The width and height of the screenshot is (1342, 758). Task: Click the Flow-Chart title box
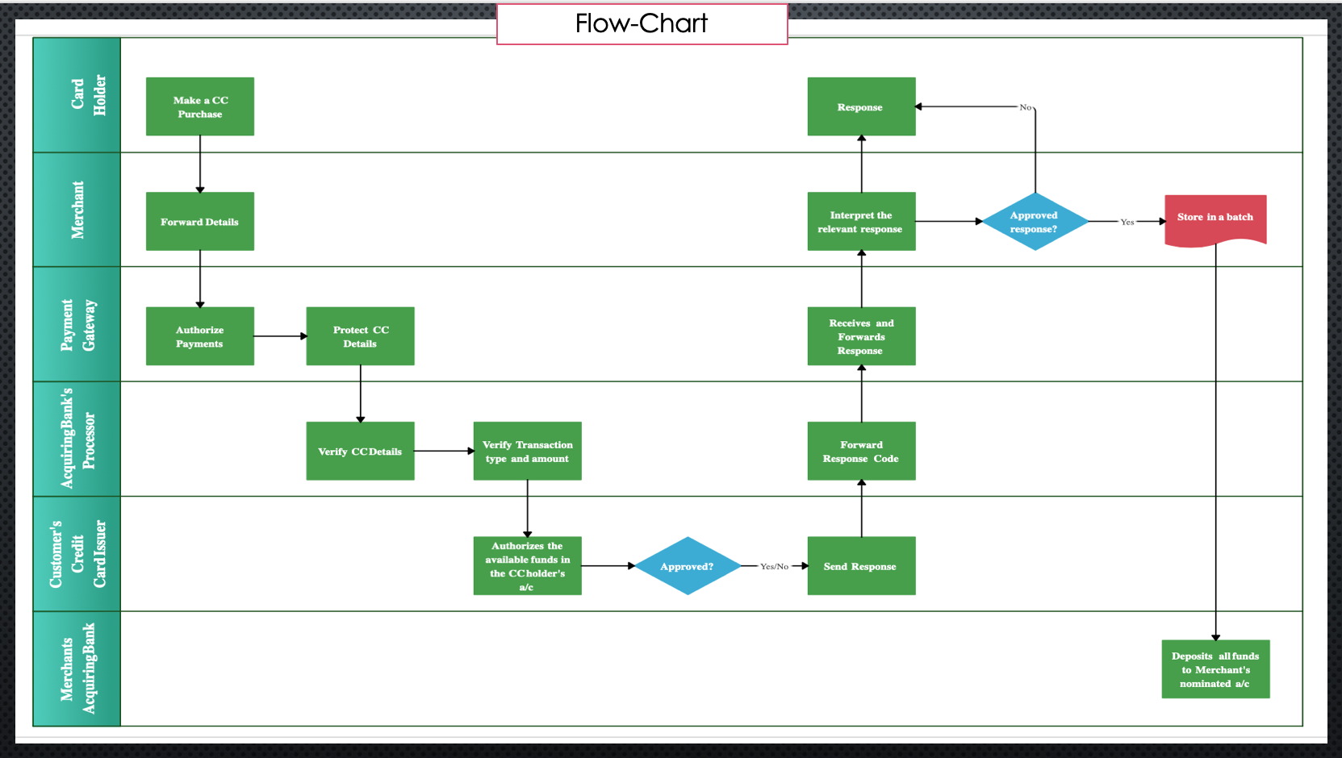[x=642, y=24]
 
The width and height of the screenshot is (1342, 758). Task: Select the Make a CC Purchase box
[x=199, y=106]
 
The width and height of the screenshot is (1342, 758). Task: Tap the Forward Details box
[x=199, y=221]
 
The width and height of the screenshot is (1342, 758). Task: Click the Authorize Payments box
[x=199, y=336]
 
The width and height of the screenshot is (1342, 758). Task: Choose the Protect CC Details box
[x=360, y=336]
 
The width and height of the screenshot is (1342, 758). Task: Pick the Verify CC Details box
[x=360, y=451]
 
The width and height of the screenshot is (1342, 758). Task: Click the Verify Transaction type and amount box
[x=527, y=451]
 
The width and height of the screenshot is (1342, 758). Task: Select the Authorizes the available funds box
[x=527, y=566]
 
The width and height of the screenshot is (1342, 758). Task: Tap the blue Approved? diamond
[x=687, y=566]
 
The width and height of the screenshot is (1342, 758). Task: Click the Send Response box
[x=861, y=566]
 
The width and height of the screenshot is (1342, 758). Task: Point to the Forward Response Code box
[x=861, y=451]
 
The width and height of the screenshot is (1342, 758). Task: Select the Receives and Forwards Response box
[x=861, y=336]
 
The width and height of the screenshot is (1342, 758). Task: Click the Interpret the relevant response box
[x=861, y=221]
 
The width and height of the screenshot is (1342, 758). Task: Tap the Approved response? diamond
[x=1034, y=221]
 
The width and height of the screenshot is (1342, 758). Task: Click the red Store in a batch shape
[x=1215, y=219]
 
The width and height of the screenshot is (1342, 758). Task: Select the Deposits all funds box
[x=1215, y=669]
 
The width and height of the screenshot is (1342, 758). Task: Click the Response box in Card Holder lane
[x=861, y=106]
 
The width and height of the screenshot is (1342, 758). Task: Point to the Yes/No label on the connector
[x=774, y=567]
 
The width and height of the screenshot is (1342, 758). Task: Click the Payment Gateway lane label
[x=77, y=324]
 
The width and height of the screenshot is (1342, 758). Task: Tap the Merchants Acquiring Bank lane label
[x=77, y=668]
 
